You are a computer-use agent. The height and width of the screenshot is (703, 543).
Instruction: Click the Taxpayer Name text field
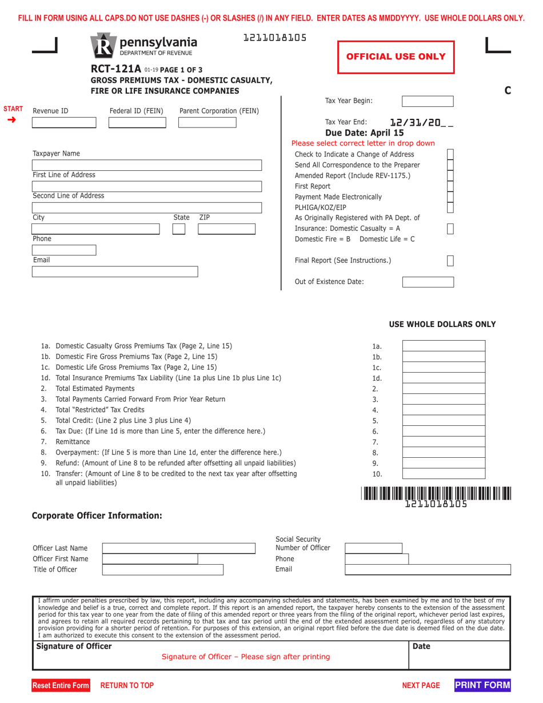(147, 165)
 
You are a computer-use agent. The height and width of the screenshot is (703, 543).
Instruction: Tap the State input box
(178, 229)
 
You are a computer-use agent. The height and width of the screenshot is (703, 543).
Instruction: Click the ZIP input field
(226, 229)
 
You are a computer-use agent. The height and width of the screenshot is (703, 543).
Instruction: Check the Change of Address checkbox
(450, 155)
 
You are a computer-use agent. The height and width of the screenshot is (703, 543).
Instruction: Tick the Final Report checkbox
(450, 261)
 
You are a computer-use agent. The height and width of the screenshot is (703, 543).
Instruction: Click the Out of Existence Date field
(428, 282)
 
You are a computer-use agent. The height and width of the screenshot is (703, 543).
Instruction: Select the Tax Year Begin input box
(428, 102)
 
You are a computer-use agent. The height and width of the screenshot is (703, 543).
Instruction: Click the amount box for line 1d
(444, 378)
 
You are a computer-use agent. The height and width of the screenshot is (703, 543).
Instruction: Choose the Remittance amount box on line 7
(444, 442)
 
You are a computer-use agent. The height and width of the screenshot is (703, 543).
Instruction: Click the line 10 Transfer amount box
(444, 474)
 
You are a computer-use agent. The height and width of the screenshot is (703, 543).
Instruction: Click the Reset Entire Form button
(61, 685)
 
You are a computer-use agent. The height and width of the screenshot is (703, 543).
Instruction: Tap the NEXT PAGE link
(421, 685)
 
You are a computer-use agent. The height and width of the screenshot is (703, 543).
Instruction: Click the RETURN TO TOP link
(127, 685)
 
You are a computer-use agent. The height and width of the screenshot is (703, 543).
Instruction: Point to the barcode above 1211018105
(436, 493)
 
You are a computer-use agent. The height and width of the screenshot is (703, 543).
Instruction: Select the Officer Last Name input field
(178, 548)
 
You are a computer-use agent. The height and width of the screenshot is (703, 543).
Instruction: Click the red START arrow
(12, 119)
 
